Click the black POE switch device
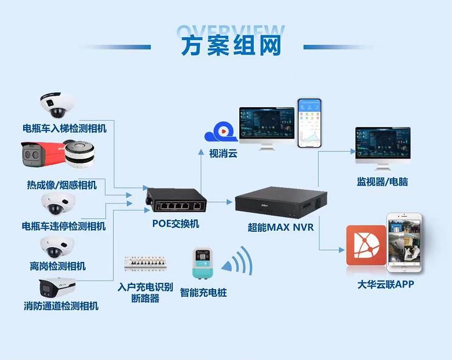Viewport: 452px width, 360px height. (x=176, y=201)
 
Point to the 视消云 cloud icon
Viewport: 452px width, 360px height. (x=221, y=133)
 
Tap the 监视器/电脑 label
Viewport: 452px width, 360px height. (x=382, y=181)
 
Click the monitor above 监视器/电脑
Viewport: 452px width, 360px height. (x=382, y=147)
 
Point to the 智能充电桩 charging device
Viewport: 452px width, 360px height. (x=203, y=266)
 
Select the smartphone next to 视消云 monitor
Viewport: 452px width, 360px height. (x=309, y=123)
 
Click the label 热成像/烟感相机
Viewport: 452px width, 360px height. (x=62, y=185)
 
